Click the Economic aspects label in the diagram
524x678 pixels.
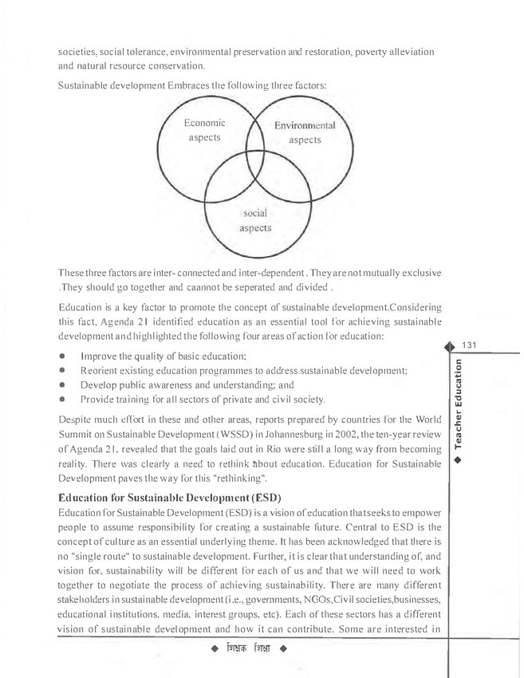coord(204,131)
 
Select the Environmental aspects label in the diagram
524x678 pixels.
coord(305,133)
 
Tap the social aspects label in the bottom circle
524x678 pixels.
coord(255,221)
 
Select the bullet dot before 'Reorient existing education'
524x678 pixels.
coord(62,370)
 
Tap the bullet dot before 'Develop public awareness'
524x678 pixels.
coord(62,384)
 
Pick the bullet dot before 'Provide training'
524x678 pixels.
coord(62,399)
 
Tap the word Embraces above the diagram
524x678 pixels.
coord(181,84)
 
